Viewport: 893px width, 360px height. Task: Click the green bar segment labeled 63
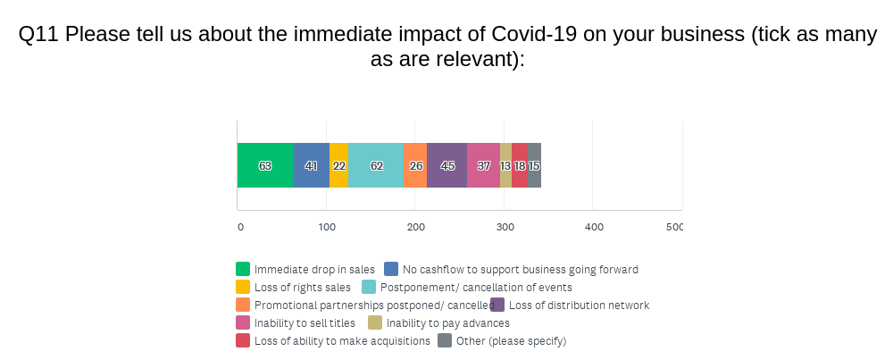(265, 165)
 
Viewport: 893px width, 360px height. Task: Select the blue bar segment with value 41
(311, 165)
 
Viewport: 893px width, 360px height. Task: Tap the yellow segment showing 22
(338, 165)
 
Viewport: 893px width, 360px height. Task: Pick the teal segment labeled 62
(376, 165)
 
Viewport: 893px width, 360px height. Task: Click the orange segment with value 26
(415, 165)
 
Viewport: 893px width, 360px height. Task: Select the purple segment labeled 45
(446, 165)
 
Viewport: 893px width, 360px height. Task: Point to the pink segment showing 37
(483, 165)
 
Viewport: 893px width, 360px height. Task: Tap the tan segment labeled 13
(505, 165)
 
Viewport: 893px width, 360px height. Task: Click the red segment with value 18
(520, 165)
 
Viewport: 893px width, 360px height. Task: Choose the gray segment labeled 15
(534, 165)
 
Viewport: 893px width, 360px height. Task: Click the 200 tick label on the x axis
(415, 227)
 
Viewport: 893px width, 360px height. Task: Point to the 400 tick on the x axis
(594, 227)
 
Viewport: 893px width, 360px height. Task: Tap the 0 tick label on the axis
(240, 227)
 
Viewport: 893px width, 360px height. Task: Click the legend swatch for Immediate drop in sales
(243, 269)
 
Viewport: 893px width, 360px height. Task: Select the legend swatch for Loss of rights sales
(243, 287)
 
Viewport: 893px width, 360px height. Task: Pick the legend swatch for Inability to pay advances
(375, 322)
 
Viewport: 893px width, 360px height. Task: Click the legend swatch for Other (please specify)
(445, 340)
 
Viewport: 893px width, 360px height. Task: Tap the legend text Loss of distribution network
(579, 305)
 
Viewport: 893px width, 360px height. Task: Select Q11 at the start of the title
(38, 35)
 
